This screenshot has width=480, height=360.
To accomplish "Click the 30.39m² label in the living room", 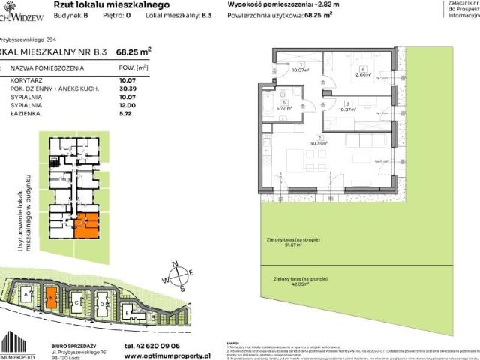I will [319, 145].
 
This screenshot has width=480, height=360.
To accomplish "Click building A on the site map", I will [27, 295].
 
